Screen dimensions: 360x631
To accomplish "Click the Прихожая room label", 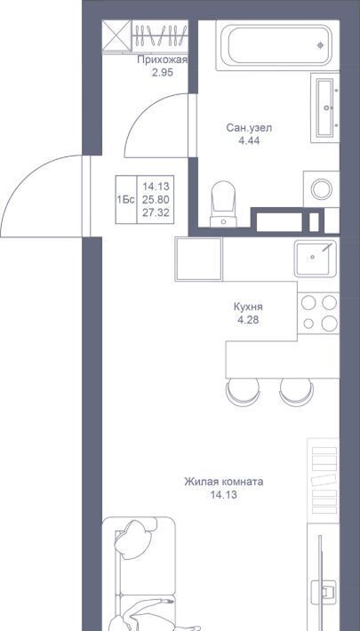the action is click(x=163, y=60).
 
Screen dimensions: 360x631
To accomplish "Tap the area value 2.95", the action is click(x=163, y=74).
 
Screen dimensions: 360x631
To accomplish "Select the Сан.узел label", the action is click(x=249, y=128).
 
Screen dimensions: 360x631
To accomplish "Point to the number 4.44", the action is click(x=249, y=141).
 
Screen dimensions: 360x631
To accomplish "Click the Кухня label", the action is click(x=248, y=307).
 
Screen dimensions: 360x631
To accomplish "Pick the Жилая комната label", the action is click(x=223, y=482).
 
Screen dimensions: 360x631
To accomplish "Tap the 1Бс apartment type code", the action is click(x=125, y=200).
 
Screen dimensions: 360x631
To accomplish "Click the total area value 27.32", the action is click(x=156, y=212).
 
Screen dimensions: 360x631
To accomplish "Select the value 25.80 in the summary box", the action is click(x=156, y=199).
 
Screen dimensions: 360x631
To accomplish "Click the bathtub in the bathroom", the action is click(x=277, y=45).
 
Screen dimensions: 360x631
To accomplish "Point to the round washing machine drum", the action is click(x=322, y=189).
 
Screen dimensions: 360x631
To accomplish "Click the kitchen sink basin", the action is click(x=315, y=258).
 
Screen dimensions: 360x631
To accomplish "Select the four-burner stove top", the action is click(x=318, y=313).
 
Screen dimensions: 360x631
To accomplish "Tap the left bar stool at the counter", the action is click(x=243, y=392).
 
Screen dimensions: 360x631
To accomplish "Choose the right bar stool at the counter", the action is click(x=296, y=392).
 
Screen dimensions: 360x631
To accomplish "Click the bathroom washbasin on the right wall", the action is click(x=325, y=108).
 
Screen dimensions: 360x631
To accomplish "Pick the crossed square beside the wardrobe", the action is click(x=116, y=36).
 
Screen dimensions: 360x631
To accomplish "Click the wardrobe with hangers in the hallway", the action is click(x=160, y=36).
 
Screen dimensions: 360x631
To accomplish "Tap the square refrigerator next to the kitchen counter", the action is click(x=199, y=259).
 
